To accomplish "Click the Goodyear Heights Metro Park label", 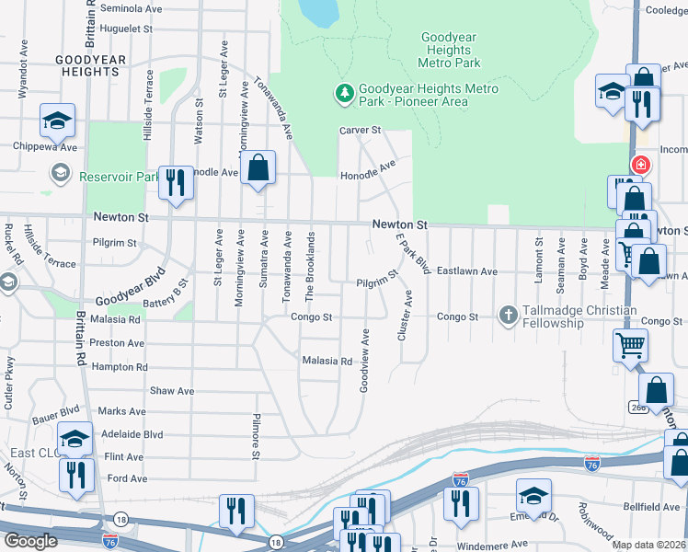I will (x=449, y=51).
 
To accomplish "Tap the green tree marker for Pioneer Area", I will (x=344, y=92).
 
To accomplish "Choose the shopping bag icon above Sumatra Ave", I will (x=258, y=167).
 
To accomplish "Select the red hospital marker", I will (x=639, y=167).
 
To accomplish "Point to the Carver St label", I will (x=360, y=131).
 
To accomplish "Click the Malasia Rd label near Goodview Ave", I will (x=327, y=361).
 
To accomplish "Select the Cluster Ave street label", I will (x=402, y=318).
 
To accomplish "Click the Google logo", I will (x=29, y=541).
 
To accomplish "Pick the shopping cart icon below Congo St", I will (x=630, y=345).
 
